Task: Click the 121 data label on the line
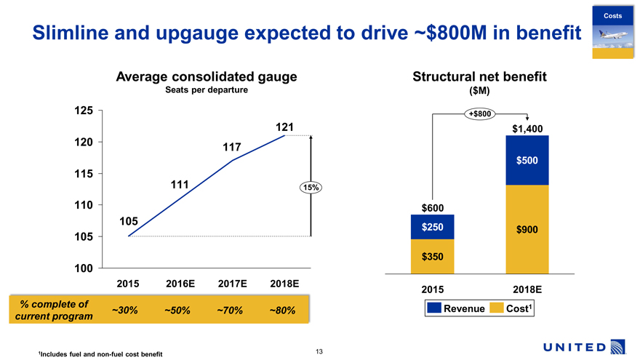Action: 284,127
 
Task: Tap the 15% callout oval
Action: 311,188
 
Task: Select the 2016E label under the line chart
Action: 180,282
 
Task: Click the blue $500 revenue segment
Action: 527,160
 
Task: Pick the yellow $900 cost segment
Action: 527,229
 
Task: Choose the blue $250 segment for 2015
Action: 433,227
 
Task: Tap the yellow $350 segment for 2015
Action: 433,257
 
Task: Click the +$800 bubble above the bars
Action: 481,113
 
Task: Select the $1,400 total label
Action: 528,129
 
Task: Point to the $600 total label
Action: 433,208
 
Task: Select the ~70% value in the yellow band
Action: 230,311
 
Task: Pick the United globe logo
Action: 619,345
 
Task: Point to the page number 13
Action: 319,352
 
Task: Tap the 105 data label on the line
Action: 130,220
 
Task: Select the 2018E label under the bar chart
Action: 527,289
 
